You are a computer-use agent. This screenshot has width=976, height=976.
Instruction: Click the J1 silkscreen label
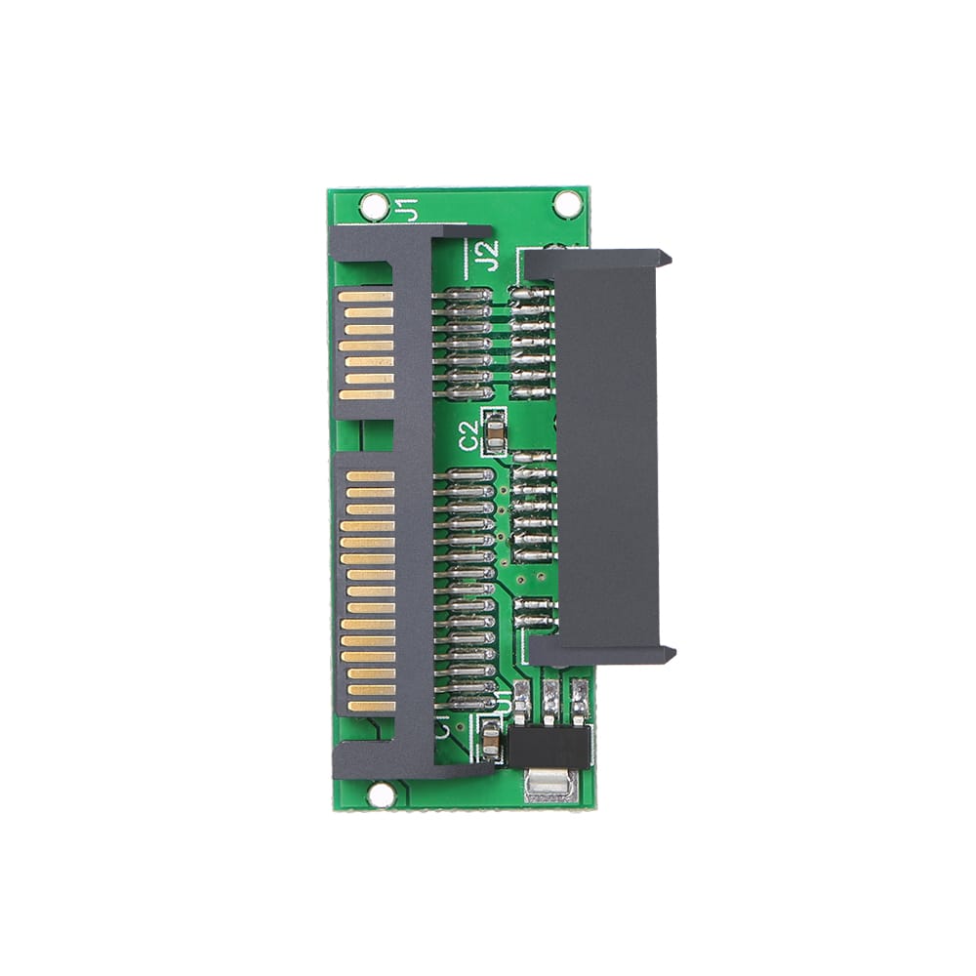[x=408, y=208]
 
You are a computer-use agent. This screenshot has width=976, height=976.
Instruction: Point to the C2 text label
[x=470, y=435]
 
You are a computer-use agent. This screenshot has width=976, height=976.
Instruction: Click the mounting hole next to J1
[x=374, y=206]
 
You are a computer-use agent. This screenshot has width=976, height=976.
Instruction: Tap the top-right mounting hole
[x=567, y=204]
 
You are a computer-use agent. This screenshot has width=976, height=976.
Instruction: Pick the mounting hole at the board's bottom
[x=381, y=794]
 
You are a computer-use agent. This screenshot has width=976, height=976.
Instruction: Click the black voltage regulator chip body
[x=549, y=746]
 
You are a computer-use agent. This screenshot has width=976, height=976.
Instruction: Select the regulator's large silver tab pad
[x=550, y=783]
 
